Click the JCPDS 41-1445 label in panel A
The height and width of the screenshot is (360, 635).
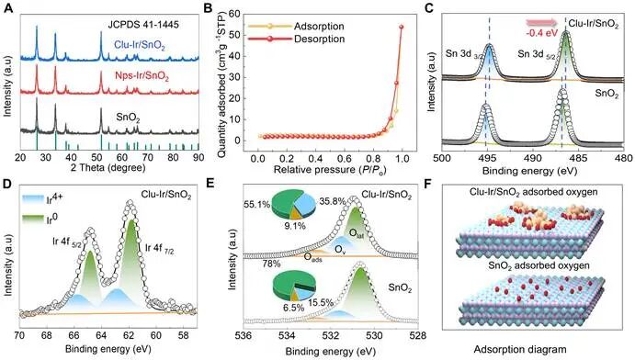(x=143, y=25)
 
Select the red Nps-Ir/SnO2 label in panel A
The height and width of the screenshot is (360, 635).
(x=142, y=75)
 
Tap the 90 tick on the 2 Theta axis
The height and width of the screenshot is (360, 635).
(x=198, y=157)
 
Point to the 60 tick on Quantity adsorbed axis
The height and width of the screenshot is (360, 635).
(x=235, y=14)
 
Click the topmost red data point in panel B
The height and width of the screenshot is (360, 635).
(x=402, y=28)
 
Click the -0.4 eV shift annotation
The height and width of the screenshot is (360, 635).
(x=542, y=32)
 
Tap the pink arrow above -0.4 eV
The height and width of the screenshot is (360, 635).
(x=542, y=22)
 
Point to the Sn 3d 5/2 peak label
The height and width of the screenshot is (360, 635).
(x=536, y=54)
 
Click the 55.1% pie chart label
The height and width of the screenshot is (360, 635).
(x=256, y=204)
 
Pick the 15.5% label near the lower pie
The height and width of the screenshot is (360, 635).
(x=321, y=302)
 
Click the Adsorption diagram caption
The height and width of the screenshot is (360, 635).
(x=520, y=349)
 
